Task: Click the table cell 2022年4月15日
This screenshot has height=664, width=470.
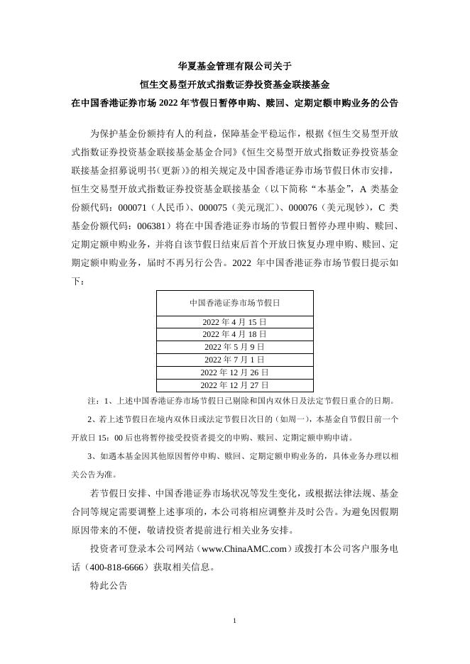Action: click(x=234, y=321)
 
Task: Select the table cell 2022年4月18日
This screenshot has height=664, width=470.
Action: click(x=234, y=334)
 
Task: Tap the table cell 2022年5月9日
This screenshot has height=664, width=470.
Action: click(x=234, y=347)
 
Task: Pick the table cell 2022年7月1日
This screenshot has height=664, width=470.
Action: click(x=234, y=360)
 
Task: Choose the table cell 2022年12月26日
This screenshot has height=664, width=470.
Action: click(x=234, y=372)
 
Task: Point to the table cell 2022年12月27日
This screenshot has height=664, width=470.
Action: click(x=234, y=385)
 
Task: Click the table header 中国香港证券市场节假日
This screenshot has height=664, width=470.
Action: click(x=234, y=302)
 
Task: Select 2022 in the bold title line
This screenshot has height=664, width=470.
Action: click(x=174, y=103)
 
